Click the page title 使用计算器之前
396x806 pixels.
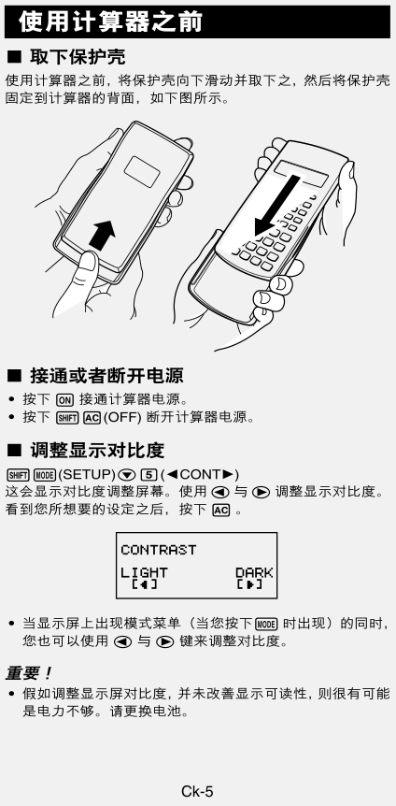[x=110, y=22]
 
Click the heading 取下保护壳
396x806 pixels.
[x=78, y=56]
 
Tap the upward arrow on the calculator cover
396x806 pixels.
[x=103, y=235]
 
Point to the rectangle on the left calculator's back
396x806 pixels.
[x=142, y=171]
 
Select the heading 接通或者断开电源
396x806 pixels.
[x=106, y=376]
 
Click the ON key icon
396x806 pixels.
[x=64, y=400]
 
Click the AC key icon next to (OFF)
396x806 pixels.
[x=92, y=417]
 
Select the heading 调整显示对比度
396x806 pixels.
[x=97, y=451]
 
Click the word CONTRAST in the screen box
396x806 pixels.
[x=158, y=550]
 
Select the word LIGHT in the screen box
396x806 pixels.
[x=145, y=572]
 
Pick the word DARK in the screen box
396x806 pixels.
[x=254, y=572]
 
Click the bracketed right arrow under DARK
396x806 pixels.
[x=249, y=585]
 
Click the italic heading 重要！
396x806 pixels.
[x=29, y=673]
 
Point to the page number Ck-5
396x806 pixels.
[x=197, y=792]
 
